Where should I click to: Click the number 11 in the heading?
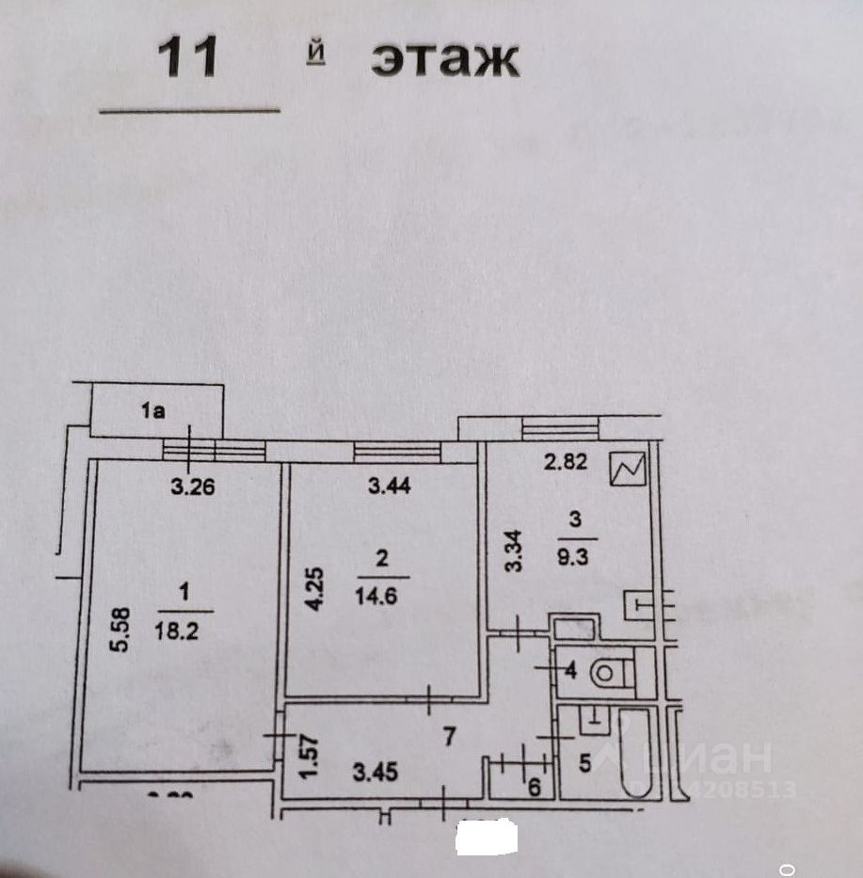coord(187,57)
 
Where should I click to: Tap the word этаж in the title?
coord(444,59)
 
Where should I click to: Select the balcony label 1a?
coord(153,410)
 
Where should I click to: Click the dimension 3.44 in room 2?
coord(388,487)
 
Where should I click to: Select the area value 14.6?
coord(381,595)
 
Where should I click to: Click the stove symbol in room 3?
coord(627,469)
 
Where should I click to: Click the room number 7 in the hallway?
coord(449,737)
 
